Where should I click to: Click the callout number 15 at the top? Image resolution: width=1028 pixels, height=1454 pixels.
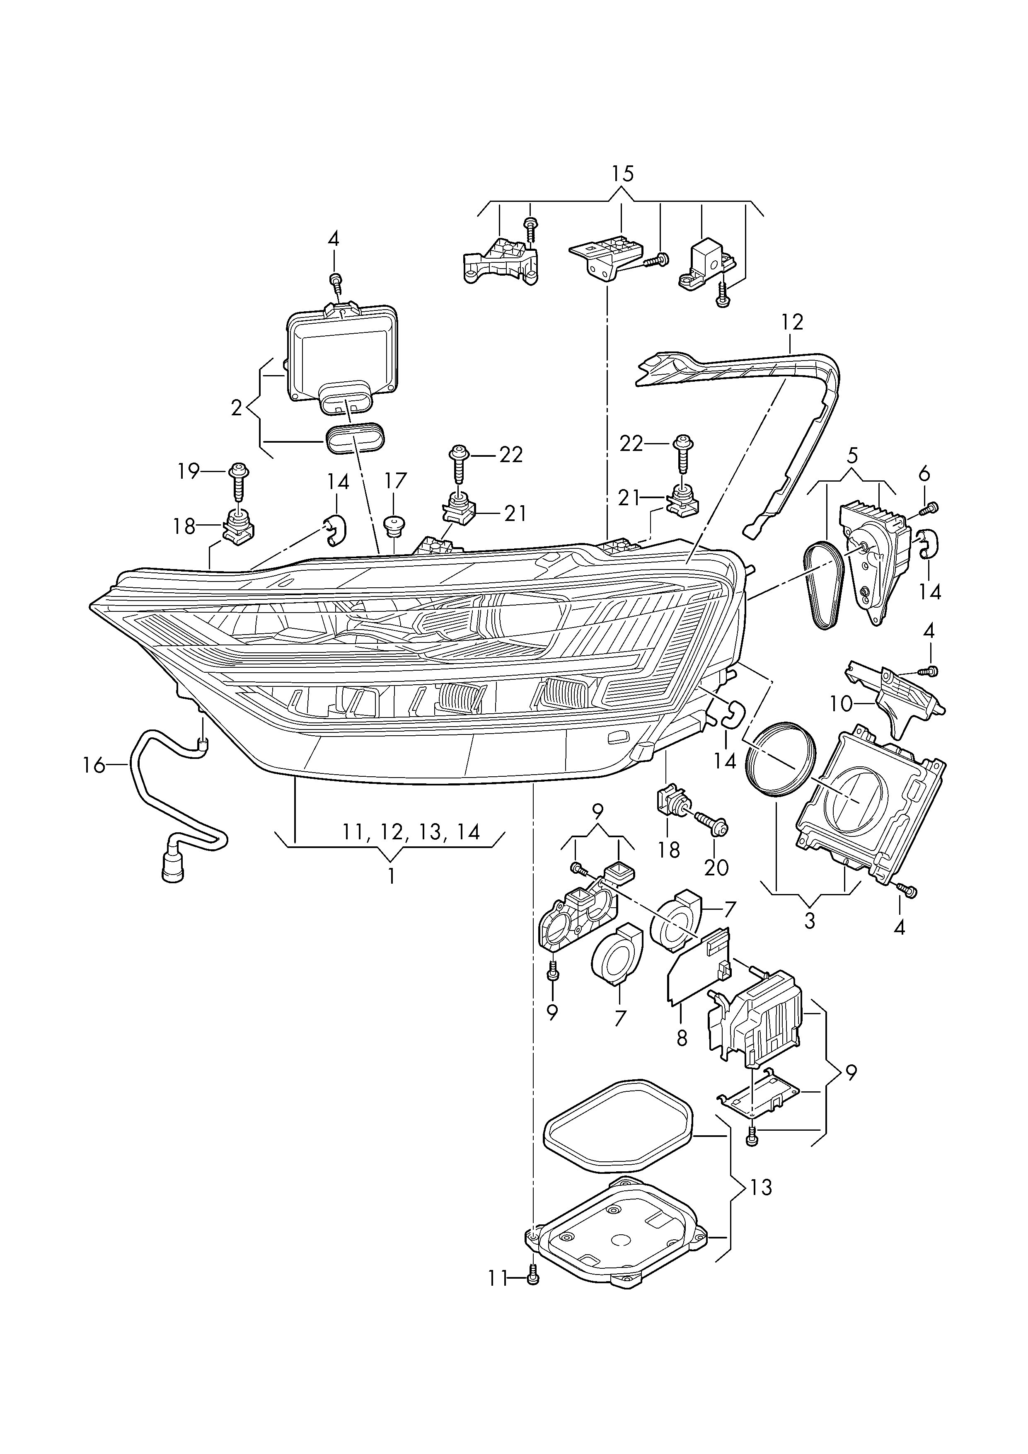(x=622, y=174)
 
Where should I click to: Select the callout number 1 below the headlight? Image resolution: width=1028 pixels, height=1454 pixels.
(x=391, y=877)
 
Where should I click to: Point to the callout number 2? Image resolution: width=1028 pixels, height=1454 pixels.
(x=237, y=408)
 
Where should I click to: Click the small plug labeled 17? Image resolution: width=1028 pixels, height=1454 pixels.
(x=394, y=524)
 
